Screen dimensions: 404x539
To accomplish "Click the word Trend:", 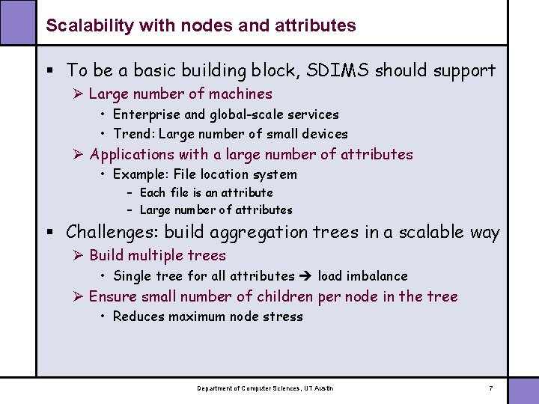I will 134,134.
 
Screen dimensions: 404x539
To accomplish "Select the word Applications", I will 132,154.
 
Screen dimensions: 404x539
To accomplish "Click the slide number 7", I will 490,388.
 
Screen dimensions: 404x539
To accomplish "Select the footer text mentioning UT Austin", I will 265,388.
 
